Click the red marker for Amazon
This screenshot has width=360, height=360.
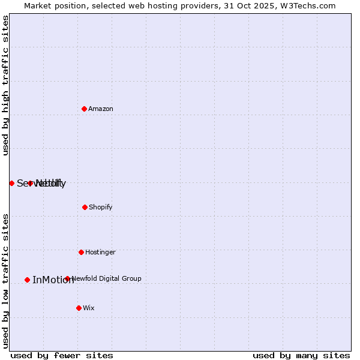[84, 109]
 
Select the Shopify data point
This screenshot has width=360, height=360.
[85, 207]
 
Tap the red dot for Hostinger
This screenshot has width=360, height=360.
[81, 252]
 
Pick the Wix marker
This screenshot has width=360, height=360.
[79, 308]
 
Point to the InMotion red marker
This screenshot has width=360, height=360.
[27, 280]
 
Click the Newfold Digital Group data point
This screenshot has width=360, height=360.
[67, 278]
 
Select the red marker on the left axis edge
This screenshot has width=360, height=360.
[11, 183]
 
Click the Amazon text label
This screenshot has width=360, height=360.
[101, 109]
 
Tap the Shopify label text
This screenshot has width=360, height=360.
[101, 207]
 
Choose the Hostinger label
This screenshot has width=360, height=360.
[100, 252]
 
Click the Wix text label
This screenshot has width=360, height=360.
[89, 308]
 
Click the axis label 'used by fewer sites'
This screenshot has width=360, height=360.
[62, 355]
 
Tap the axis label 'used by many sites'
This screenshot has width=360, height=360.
[301, 355]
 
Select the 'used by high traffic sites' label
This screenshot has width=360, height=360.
[5, 86]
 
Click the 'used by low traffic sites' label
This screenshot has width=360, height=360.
[5, 280]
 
